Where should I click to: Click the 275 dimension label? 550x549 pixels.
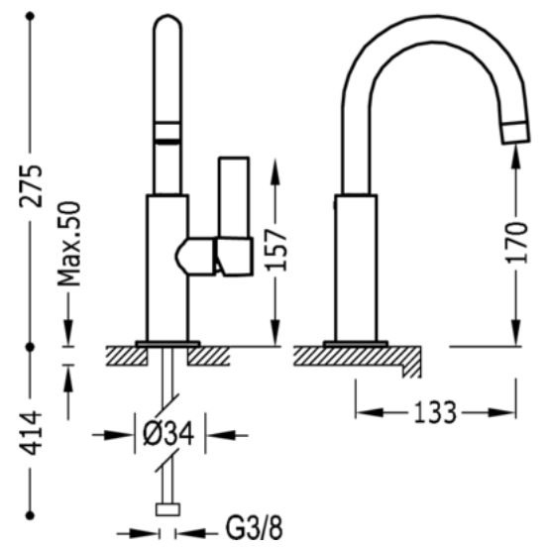[x=31, y=185]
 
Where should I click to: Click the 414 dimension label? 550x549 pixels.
[x=30, y=432]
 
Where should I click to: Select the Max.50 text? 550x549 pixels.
[x=69, y=244]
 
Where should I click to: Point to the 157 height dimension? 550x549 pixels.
[x=276, y=250]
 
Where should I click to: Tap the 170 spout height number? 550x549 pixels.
[x=516, y=243]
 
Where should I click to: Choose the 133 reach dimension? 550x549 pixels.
[x=436, y=412]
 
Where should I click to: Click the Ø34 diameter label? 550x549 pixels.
[x=168, y=434]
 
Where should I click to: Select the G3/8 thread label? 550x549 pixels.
[x=254, y=528]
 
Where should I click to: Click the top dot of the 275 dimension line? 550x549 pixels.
[x=30, y=16]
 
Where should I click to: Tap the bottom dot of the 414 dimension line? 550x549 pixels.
[x=30, y=515]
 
